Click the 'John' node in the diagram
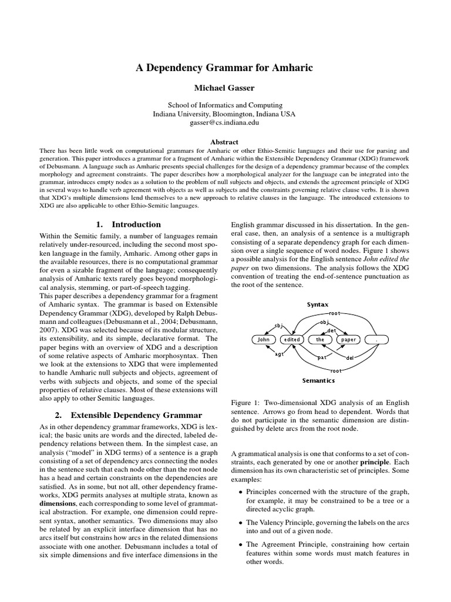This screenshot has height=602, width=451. (263, 339)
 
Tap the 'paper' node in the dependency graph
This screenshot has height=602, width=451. (348, 339)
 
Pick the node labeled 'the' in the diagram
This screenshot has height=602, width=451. (320, 339)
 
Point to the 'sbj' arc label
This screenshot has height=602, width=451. (279, 325)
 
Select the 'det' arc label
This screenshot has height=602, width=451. (332, 330)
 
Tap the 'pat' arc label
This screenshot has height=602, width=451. (322, 357)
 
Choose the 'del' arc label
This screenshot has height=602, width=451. (349, 357)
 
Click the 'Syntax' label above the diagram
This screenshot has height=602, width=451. (318, 305)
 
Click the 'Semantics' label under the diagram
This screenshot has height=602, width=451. (318, 380)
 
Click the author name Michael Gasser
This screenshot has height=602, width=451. (225, 88)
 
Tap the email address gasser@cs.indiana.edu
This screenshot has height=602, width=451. (225, 122)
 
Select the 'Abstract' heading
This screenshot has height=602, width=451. (225, 142)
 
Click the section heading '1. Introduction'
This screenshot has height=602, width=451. (128, 224)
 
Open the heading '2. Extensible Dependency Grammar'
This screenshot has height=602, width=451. (128, 415)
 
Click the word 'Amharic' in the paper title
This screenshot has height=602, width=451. (292, 68)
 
